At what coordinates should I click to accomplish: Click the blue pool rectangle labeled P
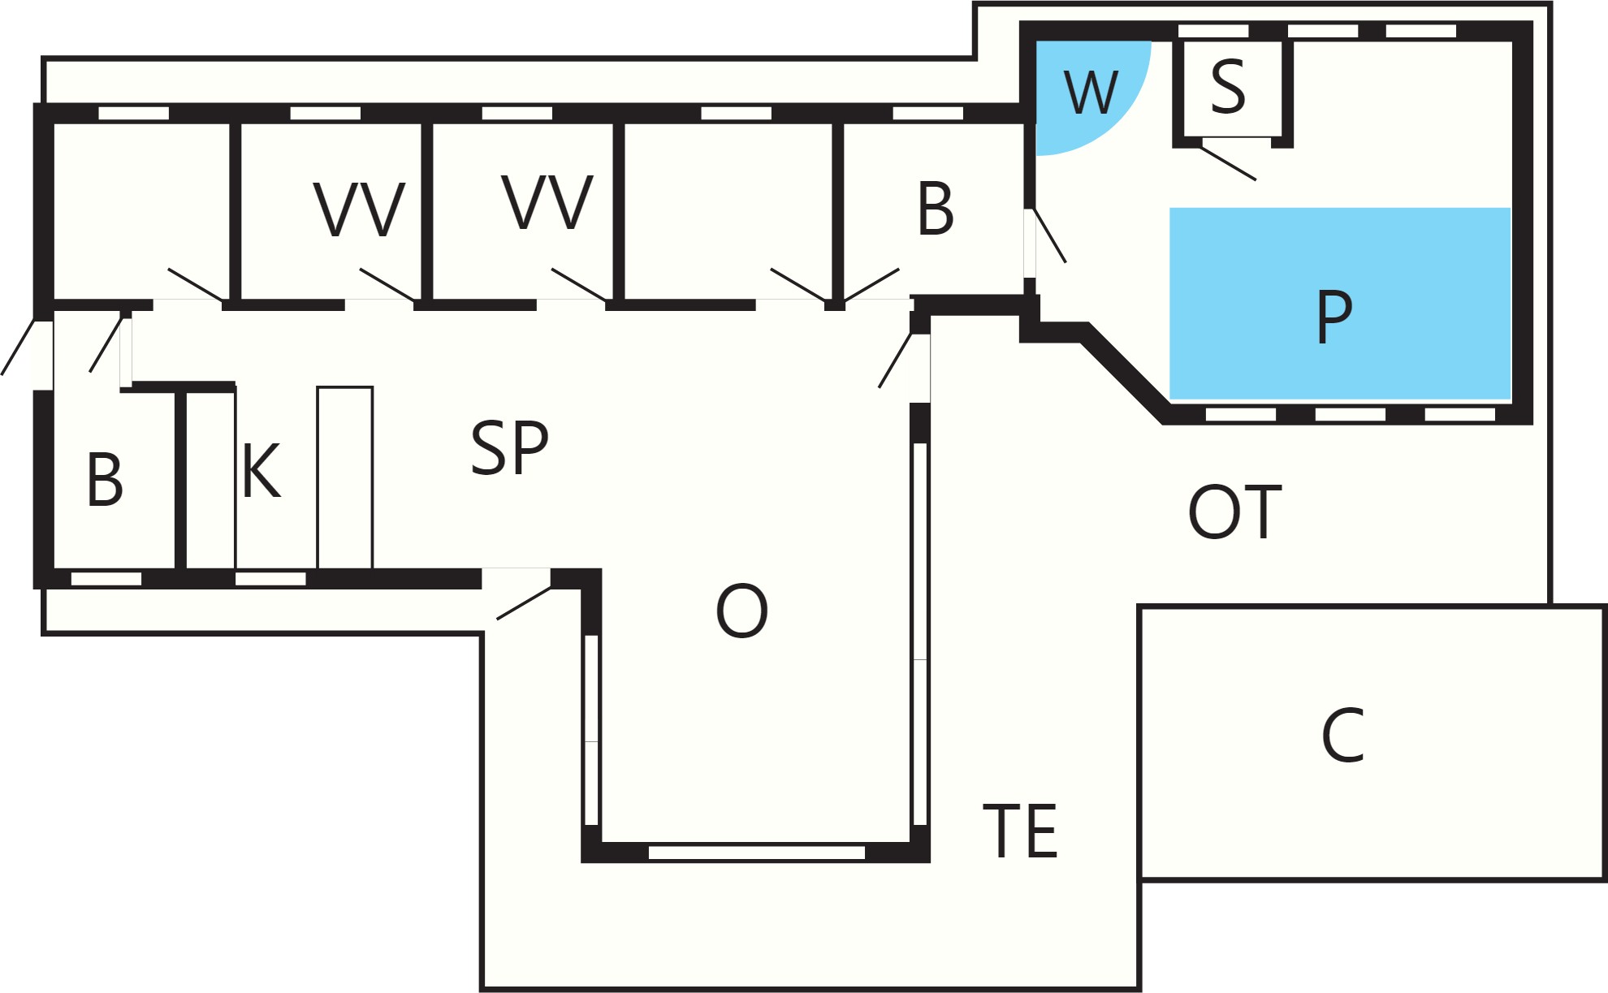pos(1340,303)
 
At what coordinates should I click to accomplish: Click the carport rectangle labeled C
pos(1372,742)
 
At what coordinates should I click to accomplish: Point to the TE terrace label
pos(1020,831)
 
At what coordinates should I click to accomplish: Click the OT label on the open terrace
pos(1234,512)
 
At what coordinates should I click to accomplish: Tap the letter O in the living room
pos(741,611)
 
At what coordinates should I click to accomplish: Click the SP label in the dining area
pos(510,447)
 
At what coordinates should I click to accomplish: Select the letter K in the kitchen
pos(262,470)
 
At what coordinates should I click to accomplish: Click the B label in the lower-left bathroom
pos(105,480)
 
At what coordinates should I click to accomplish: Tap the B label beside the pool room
pos(936,209)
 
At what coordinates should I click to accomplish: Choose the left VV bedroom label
pos(359,209)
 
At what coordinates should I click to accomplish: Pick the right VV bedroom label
pos(548,202)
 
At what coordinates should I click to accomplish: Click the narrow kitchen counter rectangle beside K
pos(345,477)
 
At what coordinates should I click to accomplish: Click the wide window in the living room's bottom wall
pos(757,853)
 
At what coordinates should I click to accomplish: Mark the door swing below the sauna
pos(1229,163)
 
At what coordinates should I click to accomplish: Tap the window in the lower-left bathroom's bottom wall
pos(106,579)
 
